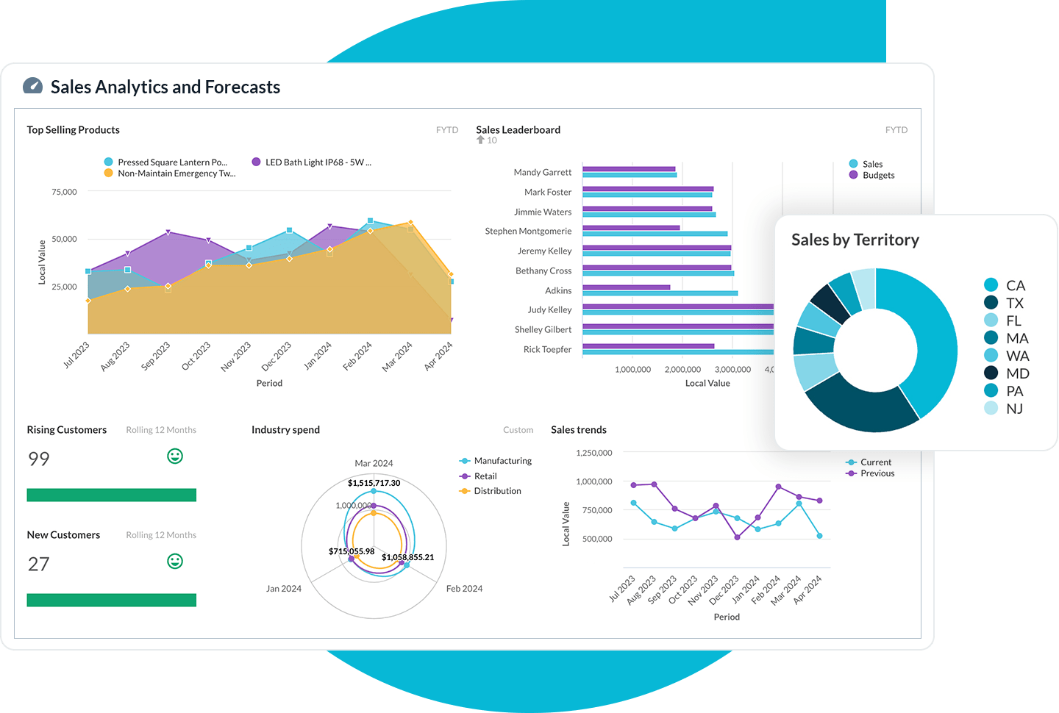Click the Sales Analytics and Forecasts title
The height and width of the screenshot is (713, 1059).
tap(165, 87)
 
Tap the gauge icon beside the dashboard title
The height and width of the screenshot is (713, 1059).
tap(32, 86)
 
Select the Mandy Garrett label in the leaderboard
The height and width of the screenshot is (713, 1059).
tap(542, 172)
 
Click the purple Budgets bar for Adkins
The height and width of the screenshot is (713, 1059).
tap(626, 287)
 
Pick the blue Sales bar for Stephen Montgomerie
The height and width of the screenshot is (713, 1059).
tap(655, 234)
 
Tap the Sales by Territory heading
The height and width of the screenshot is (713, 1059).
tap(855, 240)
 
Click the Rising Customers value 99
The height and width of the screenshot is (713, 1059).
tap(39, 459)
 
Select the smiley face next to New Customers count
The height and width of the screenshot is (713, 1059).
tap(175, 562)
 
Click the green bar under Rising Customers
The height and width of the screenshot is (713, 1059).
tap(111, 495)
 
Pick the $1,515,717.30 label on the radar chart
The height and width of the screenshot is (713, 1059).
tap(374, 483)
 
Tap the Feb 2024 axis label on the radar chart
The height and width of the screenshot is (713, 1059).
tap(464, 589)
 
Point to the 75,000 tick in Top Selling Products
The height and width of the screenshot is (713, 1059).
tap(64, 192)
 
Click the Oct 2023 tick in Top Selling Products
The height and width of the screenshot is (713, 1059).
tap(196, 356)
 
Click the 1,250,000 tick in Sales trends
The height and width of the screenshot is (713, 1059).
tap(593, 453)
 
